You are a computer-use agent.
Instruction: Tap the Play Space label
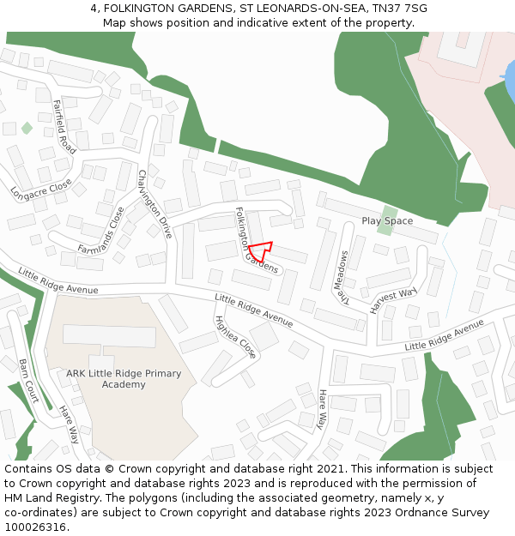(387, 221)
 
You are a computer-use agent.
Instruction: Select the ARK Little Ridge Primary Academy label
(124, 379)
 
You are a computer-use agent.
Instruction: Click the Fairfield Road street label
(64, 127)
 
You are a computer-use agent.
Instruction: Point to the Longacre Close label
(41, 186)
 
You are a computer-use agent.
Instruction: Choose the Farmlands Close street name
(101, 231)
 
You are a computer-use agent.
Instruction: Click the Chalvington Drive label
(155, 204)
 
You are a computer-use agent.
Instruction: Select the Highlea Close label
(235, 337)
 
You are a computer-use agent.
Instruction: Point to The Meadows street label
(343, 278)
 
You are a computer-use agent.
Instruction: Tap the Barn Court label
(28, 381)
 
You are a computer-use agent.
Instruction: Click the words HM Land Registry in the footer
(44, 498)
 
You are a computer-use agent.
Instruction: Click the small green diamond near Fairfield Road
(27, 128)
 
